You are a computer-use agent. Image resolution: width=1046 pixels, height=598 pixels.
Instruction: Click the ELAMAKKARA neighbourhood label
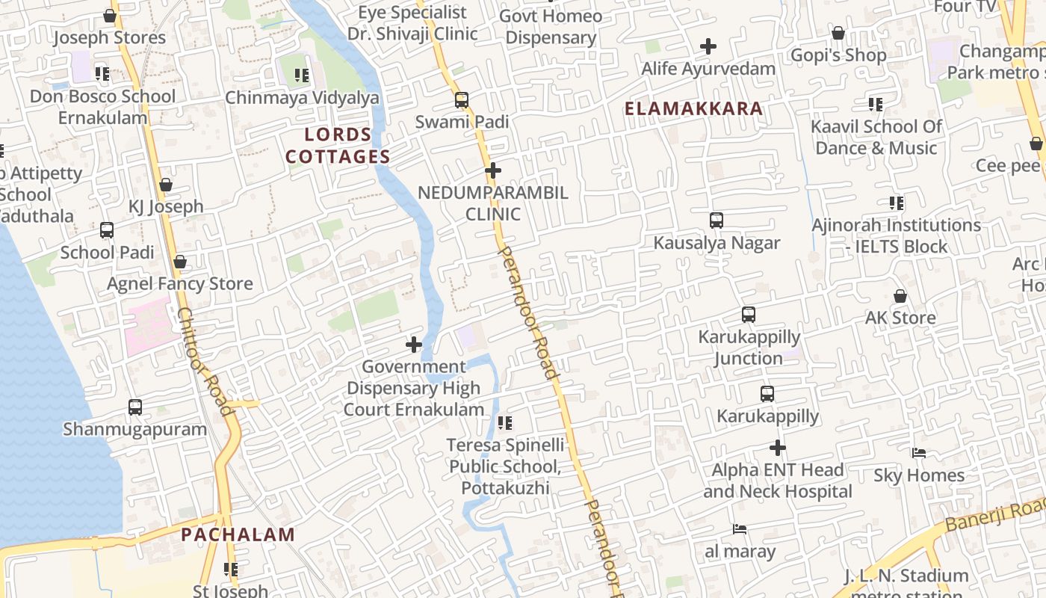[693, 108]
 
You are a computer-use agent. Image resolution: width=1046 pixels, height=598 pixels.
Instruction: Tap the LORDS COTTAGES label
[338, 146]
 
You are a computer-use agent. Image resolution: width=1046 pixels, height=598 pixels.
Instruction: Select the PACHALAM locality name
[238, 534]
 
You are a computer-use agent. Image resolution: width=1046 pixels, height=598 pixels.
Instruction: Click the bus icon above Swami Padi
[462, 99]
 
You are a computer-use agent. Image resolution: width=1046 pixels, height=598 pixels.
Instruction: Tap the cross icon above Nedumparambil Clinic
[493, 170]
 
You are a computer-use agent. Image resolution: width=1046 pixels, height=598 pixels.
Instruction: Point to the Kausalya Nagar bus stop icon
[717, 221]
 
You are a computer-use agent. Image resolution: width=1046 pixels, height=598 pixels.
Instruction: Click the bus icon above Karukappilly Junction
[749, 315]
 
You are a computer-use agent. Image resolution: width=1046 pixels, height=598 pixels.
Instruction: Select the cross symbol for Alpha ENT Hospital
[778, 448]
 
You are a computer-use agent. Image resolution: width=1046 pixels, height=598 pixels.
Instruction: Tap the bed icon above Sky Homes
[919, 453]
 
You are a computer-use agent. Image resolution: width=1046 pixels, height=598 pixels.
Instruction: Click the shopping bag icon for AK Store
[900, 296]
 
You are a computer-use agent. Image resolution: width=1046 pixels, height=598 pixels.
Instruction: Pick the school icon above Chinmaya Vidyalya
[302, 75]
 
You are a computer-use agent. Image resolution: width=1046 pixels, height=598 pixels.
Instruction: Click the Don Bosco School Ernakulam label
[103, 107]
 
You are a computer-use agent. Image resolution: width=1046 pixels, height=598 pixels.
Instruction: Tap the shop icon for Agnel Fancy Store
[179, 262]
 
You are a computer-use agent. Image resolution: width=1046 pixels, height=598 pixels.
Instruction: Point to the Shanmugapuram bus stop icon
[135, 407]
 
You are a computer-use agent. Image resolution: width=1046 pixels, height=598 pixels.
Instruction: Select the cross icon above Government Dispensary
[414, 345]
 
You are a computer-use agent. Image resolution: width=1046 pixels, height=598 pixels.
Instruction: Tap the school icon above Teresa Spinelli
[505, 423]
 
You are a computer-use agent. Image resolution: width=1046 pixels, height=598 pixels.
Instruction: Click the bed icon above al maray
[740, 529]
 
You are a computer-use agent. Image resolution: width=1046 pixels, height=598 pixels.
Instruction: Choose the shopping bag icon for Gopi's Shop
[838, 33]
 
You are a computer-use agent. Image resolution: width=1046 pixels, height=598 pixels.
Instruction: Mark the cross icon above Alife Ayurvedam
[708, 46]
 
